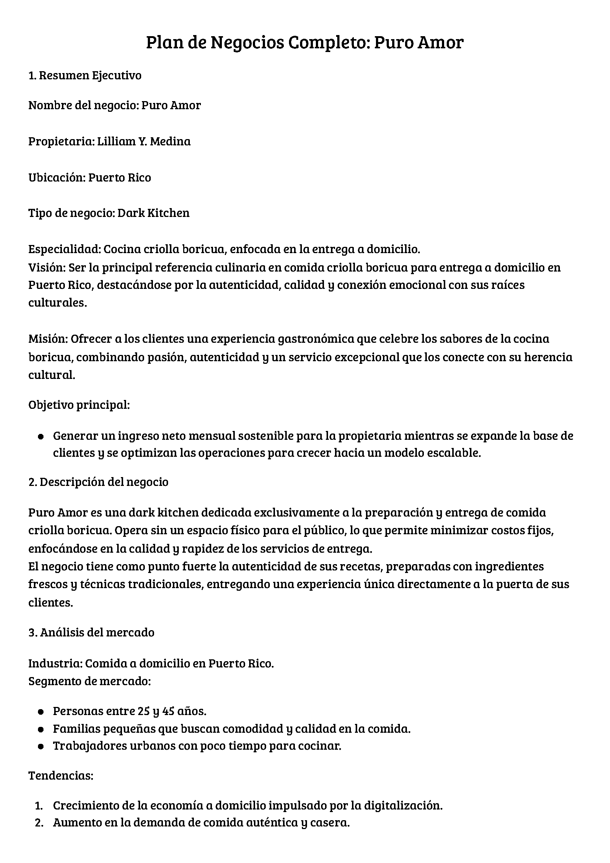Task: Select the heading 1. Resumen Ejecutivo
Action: point(85,76)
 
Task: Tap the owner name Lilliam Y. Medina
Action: point(144,141)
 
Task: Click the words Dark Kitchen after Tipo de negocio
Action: point(154,213)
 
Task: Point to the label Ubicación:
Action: point(57,177)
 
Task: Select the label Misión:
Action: point(48,339)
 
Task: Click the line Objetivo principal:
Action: point(79,405)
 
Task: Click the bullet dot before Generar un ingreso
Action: point(41,436)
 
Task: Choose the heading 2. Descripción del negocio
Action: point(98,482)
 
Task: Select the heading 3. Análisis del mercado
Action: point(91,632)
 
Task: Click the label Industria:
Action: point(55,663)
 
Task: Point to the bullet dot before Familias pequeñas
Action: point(41,729)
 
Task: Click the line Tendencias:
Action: point(61,776)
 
